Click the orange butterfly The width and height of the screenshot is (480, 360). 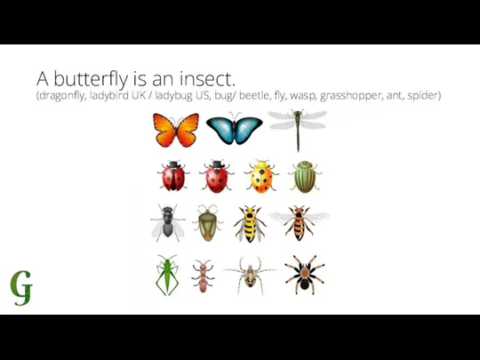[x=176, y=130]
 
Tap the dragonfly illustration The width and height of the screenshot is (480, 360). [x=298, y=129]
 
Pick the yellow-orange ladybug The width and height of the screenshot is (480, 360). [x=261, y=177]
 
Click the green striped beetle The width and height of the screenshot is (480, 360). [x=305, y=177]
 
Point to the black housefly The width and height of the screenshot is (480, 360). [x=168, y=223]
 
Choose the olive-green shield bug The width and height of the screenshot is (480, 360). [x=208, y=223]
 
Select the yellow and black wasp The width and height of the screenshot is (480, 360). [x=250, y=224]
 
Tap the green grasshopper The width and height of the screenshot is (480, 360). [x=167, y=275]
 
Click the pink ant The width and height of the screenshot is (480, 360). [x=203, y=276]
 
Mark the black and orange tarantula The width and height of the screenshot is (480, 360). [x=305, y=275]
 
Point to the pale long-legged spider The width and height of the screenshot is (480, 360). [x=250, y=276]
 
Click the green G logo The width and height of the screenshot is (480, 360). [x=21, y=288]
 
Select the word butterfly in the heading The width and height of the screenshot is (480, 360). [x=91, y=78]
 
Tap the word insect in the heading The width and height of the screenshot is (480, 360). [x=207, y=78]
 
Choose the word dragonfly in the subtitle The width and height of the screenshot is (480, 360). [x=60, y=96]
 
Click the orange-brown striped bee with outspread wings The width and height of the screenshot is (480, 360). [x=299, y=223]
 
